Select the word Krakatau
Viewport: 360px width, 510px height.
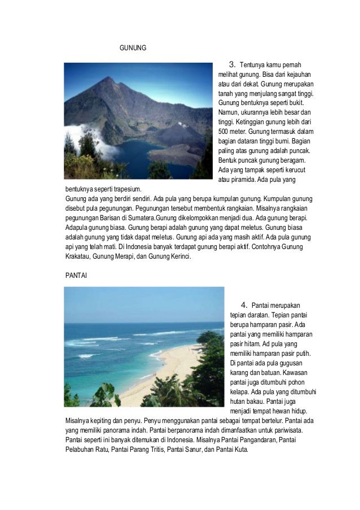[x=81, y=256]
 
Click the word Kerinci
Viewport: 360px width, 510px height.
[x=179, y=256]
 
